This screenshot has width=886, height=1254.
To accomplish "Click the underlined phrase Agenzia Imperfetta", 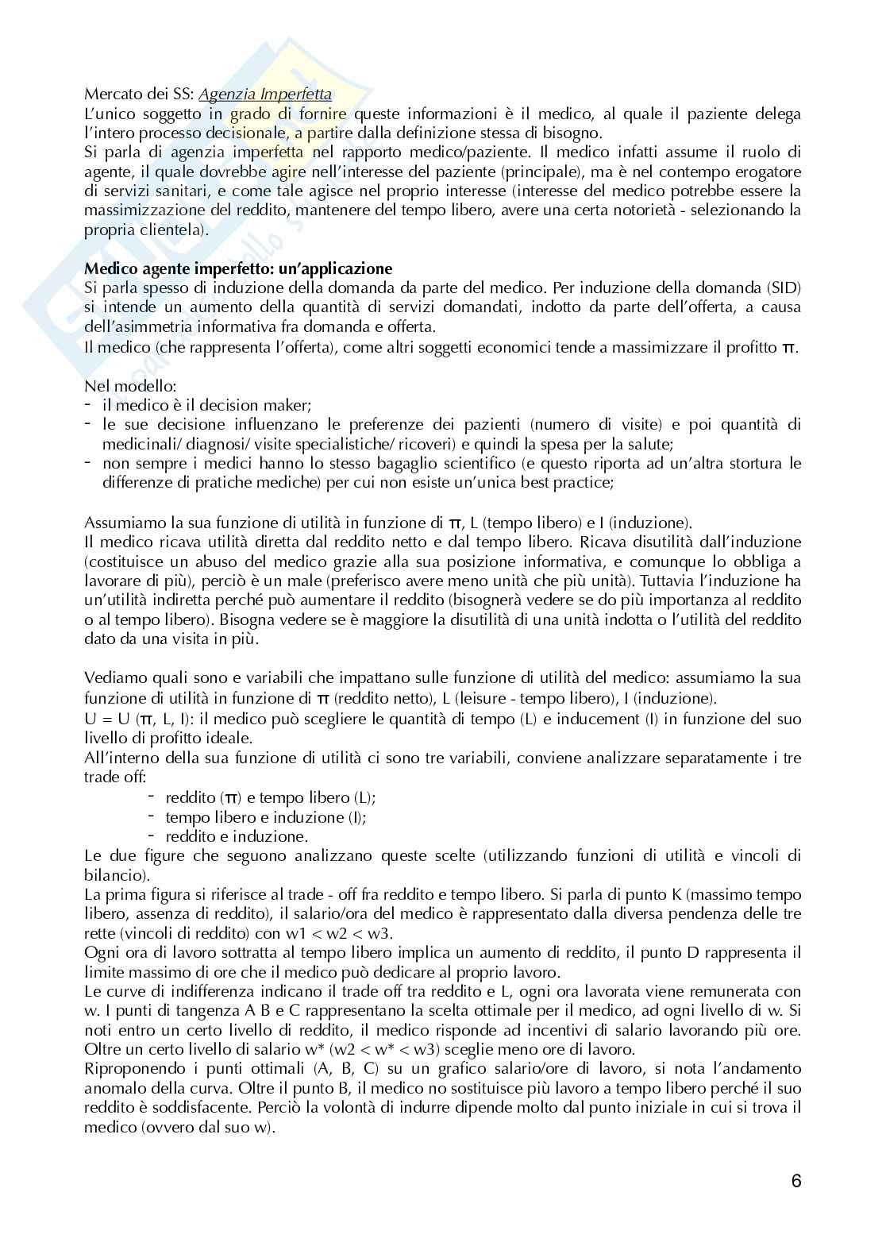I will [x=265, y=95].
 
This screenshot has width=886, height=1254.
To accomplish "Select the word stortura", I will [x=751, y=463].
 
